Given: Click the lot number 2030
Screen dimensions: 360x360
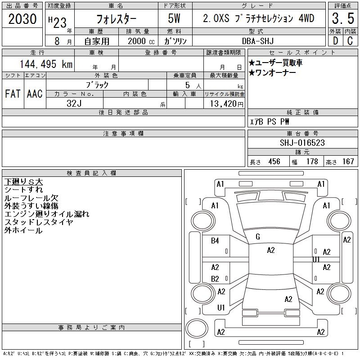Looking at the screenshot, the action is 22,19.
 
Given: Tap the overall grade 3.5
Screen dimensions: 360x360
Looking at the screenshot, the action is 343,18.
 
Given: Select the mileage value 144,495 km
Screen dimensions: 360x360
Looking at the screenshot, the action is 46,64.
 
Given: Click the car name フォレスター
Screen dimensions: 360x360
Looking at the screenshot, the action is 116,19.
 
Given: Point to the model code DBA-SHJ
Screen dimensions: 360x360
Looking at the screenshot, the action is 258,41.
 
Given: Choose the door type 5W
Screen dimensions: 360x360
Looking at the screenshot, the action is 174,18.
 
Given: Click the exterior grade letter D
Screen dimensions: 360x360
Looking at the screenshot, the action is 335,41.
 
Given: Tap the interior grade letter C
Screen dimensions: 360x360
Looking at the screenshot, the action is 350,41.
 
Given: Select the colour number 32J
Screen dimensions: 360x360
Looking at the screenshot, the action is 74,103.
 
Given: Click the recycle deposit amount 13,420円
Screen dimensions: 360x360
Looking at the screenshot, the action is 226,104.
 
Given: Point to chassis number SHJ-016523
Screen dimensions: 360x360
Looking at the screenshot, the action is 302,143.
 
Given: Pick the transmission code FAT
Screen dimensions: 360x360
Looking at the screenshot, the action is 13,94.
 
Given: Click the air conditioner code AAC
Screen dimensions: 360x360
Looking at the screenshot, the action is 35,94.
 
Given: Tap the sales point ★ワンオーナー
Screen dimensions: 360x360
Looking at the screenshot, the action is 272,73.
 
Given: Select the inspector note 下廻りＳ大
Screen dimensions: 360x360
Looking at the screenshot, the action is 23,182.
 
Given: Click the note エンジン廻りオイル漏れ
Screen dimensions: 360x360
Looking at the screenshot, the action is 47,214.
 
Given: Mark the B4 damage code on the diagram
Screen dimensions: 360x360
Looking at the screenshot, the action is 215,241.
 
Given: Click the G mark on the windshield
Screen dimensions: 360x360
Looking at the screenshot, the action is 258,237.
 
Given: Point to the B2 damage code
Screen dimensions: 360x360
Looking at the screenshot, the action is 215,279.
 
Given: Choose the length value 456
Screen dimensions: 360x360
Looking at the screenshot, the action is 274,162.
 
